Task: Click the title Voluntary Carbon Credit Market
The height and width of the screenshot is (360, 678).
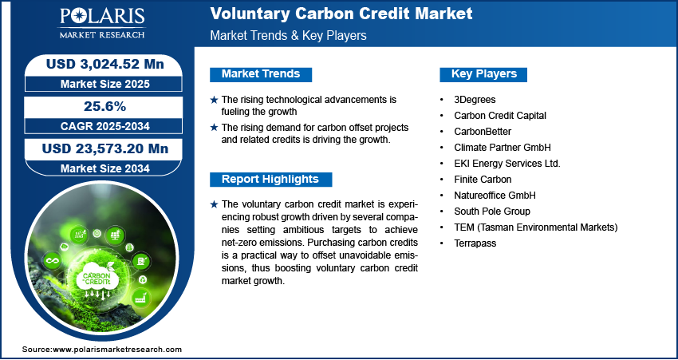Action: point(341,14)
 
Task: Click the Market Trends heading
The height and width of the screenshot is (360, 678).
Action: point(261,74)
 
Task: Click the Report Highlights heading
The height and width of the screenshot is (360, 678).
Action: point(270,180)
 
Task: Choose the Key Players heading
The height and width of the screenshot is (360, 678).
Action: point(484,74)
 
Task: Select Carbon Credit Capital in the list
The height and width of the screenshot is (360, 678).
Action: point(499,116)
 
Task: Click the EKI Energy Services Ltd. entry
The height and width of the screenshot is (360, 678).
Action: point(507,164)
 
